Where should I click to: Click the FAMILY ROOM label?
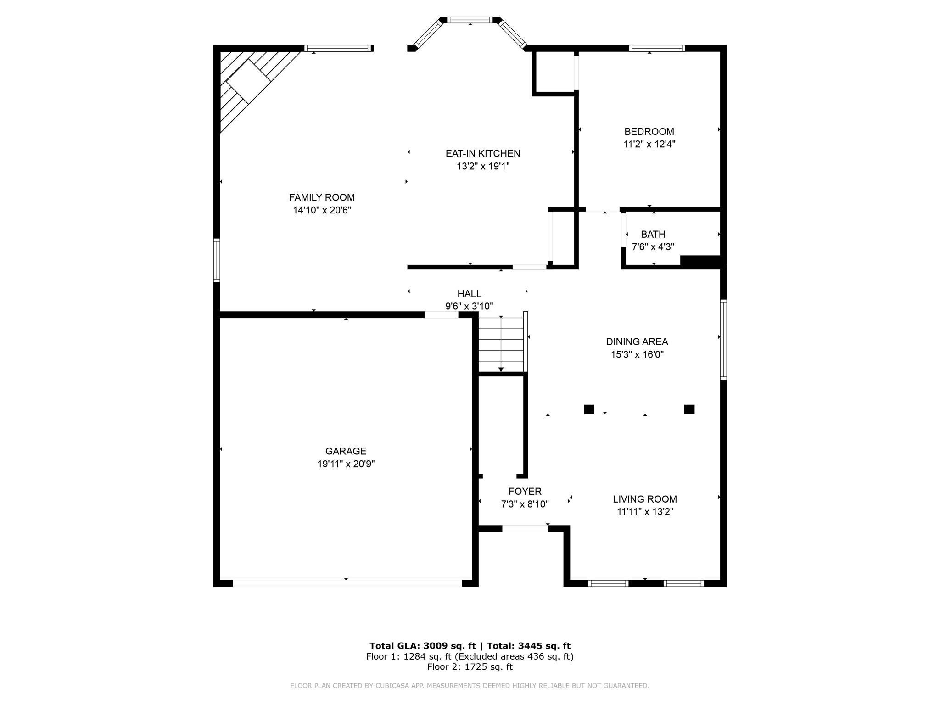pyautogui.click(x=322, y=197)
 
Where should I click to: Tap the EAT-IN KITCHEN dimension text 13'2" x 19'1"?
pyautogui.click(x=483, y=166)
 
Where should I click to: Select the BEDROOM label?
pyautogui.click(x=649, y=132)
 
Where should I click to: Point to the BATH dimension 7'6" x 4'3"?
pyautogui.click(x=653, y=247)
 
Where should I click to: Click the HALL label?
pyautogui.click(x=469, y=294)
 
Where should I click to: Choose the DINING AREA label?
pyautogui.click(x=637, y=341)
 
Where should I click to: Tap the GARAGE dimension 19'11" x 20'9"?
pyautogui.click(x=346, y=464)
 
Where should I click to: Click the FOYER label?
pyautogui.click(x=525, y=492)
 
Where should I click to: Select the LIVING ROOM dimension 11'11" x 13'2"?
pyautogui.click(x=645, y=512)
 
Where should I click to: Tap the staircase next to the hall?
pyautogui.click(x=501, y=343)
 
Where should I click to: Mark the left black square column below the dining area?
pyautogui.click(x=589, y=409)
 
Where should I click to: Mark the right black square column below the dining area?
pyautogui.click(x=689, y=409)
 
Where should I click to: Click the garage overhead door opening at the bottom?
pyautogui.click(x=347, y=583)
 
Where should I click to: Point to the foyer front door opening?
pyautogui.click(x=525, y=528)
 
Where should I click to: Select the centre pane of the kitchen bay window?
pyautogui.click(x=470, y=20)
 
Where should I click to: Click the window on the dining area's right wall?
pyautogui.click(x=723, y=339)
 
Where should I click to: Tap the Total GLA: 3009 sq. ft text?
pyautogui.click(x=422, y=646)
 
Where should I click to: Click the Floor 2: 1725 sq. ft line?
pyautogui.click(x=470, y=667)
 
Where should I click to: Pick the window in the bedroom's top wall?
pyautogui.click(x=657, y=48)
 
